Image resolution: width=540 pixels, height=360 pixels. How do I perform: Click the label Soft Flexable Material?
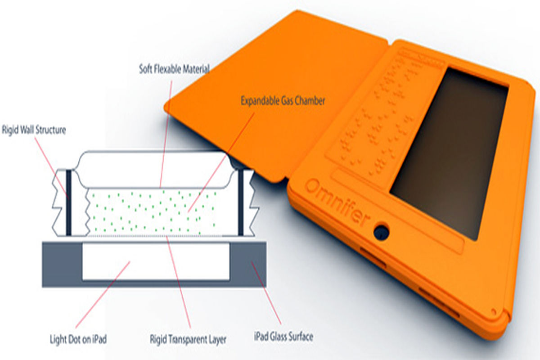[x=174, y=69]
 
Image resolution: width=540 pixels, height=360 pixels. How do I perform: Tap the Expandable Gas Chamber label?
[x=283, y=101]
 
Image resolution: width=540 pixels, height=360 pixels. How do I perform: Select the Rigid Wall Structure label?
[x=34, y=130]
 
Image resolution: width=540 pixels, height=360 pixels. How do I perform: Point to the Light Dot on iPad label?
[x=78, y=339]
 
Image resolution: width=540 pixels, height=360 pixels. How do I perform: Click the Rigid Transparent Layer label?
[x=188, y=339]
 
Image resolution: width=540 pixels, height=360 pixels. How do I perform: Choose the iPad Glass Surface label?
[x=284, y=336]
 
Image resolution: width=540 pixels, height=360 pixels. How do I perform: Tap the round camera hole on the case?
[x=382, y=232]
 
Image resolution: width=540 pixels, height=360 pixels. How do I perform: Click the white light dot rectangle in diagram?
[x=156, y=262]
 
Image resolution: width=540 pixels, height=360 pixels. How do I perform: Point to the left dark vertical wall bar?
[x=69, y=202]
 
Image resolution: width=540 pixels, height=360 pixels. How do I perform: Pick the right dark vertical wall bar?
[x=241, y=202]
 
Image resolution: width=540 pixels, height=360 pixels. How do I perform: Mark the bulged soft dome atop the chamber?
[x=154, y=169]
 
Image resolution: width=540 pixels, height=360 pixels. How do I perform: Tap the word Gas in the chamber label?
[x=287, y=101]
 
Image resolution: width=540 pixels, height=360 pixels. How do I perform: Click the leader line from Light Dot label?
[x=103, y=294]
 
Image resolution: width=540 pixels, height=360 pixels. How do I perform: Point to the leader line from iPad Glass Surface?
[x=266, y=292]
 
